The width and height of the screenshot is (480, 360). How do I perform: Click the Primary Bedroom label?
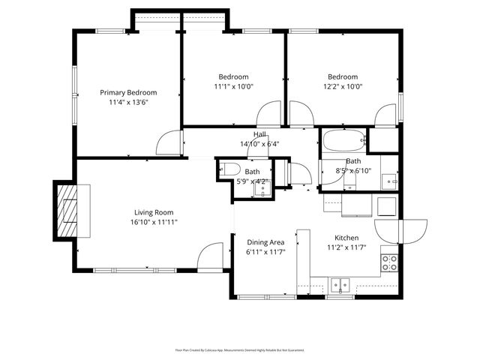tap(128, 92)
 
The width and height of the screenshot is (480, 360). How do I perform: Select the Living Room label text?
tap(154, 212)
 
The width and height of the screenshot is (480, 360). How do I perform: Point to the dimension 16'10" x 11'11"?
tap(154, 222)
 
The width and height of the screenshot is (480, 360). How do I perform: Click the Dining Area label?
tap(265, 241)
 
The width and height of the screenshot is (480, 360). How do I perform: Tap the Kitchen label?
tap(346, 237)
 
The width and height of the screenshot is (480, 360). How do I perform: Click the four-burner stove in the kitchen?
tap(390, 262)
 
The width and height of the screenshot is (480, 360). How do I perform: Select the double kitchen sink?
tap(341, 284)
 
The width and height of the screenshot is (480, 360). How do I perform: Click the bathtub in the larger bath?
tap(343, 139)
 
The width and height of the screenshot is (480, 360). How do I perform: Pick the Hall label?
tap(259, 134)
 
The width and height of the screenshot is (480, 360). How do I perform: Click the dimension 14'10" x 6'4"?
tap(259, 144)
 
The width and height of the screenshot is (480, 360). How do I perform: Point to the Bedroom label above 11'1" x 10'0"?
tap(233, 76)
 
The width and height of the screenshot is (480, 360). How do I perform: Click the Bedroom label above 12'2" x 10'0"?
tap(342, 76)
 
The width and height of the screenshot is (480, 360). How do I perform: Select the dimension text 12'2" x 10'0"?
tap(342, 86)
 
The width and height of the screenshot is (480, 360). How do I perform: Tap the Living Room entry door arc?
tap(212, 256)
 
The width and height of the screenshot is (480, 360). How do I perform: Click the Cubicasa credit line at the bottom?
tap(239, 349)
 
